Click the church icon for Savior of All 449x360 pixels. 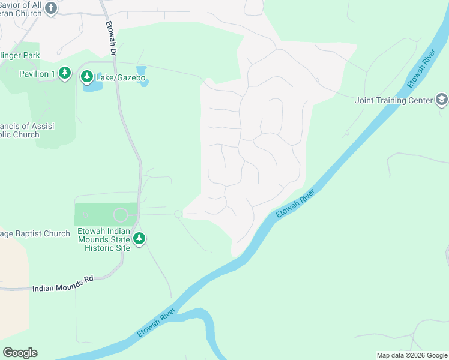(52, 8)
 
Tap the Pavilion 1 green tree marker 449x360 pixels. (65, 74)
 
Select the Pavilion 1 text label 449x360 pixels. (37, 74)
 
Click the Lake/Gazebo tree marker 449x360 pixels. (87, 77)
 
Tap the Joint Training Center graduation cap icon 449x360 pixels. (441, 100)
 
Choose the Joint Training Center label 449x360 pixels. (393, 100)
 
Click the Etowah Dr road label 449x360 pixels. (110, 38)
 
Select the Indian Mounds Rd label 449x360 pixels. (63, 288)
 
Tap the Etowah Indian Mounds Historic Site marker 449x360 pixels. (139, 239)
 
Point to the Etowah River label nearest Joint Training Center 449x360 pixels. (421, 61)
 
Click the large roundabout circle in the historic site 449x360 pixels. (121, 215)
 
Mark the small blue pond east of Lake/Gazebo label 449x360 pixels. (142, 76)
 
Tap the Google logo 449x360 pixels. (20, 353)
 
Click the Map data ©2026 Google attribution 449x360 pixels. (411, 355)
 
